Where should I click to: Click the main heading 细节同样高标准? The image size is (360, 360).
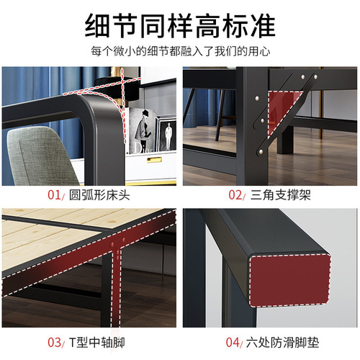click(x=180, y=25)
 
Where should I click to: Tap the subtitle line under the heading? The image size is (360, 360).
click(x=180, y=52)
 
